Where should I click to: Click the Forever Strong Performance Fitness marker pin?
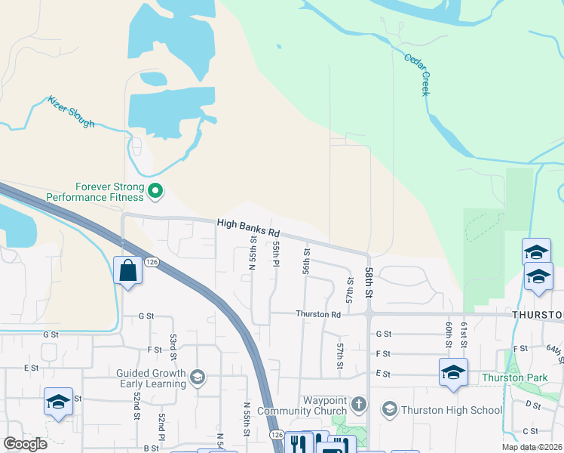[x=155, y=191]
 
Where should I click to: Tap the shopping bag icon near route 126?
[x=127, y=270]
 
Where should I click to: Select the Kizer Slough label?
[x=72, y=111]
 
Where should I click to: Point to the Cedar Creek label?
[x=416, y=74]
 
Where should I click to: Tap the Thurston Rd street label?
[x=318, y=314]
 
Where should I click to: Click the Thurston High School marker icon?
[x=389, y=409]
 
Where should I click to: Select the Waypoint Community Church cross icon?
[x=358, y=404]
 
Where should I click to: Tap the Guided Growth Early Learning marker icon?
[x=198, y=377]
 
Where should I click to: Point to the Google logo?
[x=25, y=444]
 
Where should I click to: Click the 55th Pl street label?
[x=277, y=254]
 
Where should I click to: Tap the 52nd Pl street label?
[x=161, y=426]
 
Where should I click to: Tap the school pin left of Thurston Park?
[x=453, y=372]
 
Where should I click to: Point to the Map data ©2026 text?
[x=532, y=447]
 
